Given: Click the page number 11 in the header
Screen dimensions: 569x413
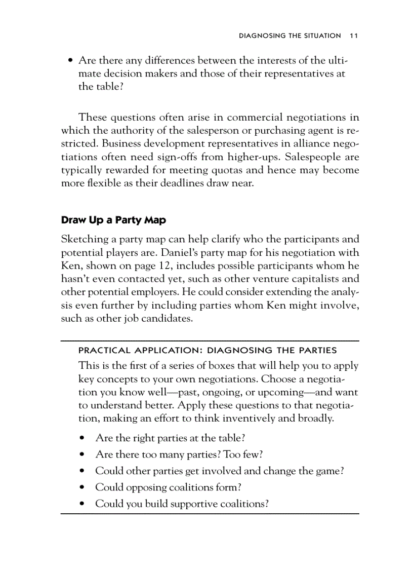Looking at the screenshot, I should pos(354,36).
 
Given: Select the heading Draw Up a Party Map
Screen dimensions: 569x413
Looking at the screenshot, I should pos(113,220).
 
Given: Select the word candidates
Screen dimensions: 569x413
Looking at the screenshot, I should pos(163,319).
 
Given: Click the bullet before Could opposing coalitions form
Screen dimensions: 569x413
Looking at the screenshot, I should pos(81,487).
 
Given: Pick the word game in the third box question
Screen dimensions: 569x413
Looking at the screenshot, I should pos(325,471).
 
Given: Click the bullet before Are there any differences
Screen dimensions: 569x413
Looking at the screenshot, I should pos(70,61).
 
